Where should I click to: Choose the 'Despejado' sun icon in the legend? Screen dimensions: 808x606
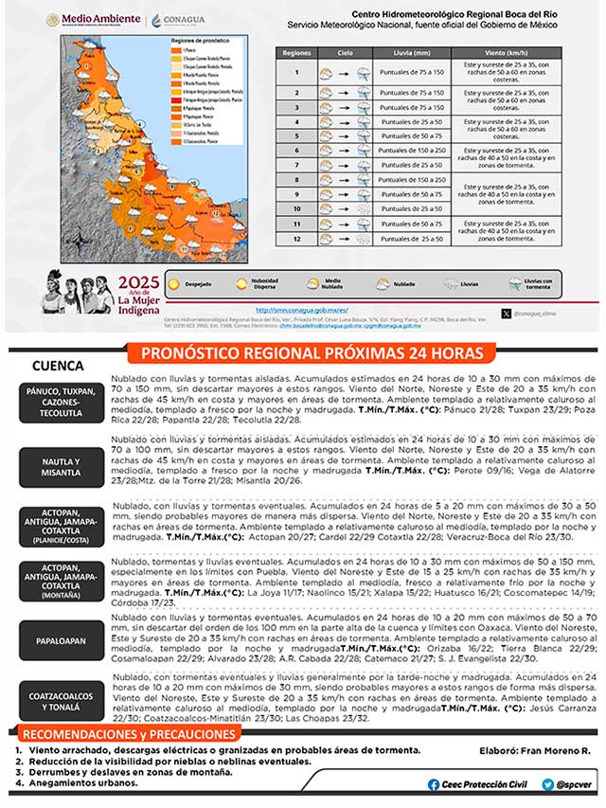tap(175, 283)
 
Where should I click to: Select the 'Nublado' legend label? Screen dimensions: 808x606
tap(411, 283)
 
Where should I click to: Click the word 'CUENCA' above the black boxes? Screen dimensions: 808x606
tap(58, 366)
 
